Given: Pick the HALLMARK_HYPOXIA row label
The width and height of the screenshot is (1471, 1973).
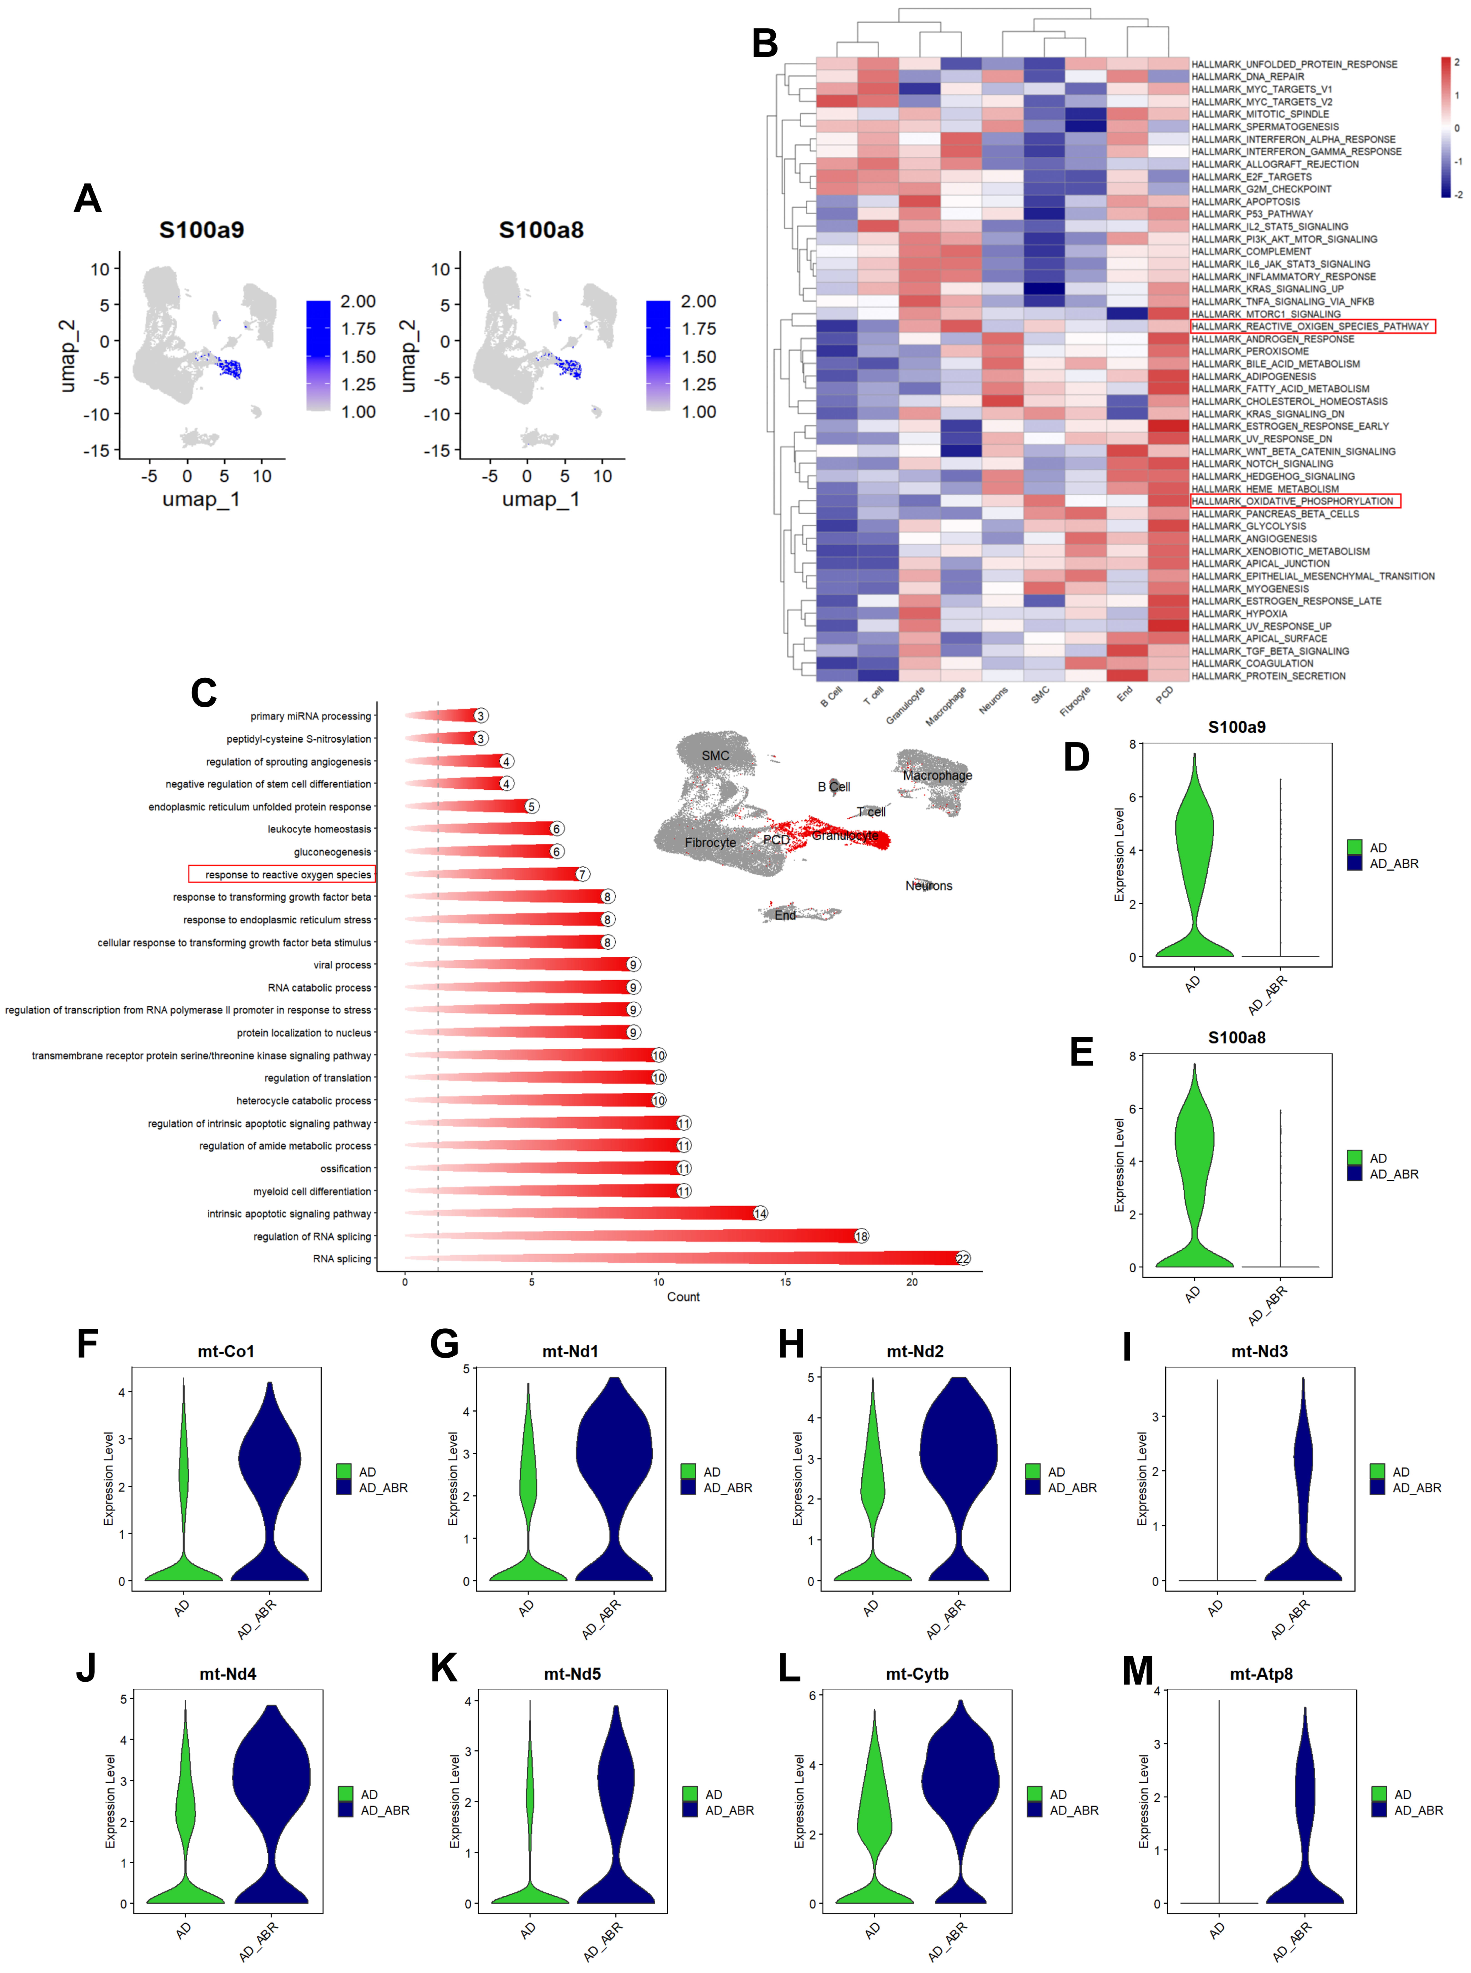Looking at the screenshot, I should [x=1239, y=614].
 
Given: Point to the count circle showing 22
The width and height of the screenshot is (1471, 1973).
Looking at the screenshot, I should [x=963, y=1259].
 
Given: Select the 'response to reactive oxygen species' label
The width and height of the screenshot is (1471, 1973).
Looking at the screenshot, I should [x=282, y=875].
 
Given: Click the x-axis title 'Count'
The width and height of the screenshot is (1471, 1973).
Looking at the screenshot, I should [x=683, y=1297].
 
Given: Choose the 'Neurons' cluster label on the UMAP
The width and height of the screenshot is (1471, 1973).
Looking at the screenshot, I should [x=929, y=885].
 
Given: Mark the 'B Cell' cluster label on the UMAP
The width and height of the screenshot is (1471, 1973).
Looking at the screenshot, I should [x=833, y=786].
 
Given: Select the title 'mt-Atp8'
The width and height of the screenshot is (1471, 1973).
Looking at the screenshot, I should [x=1261, y=1674].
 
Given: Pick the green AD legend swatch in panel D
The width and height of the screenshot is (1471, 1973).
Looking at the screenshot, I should [x=1354, y=847].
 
